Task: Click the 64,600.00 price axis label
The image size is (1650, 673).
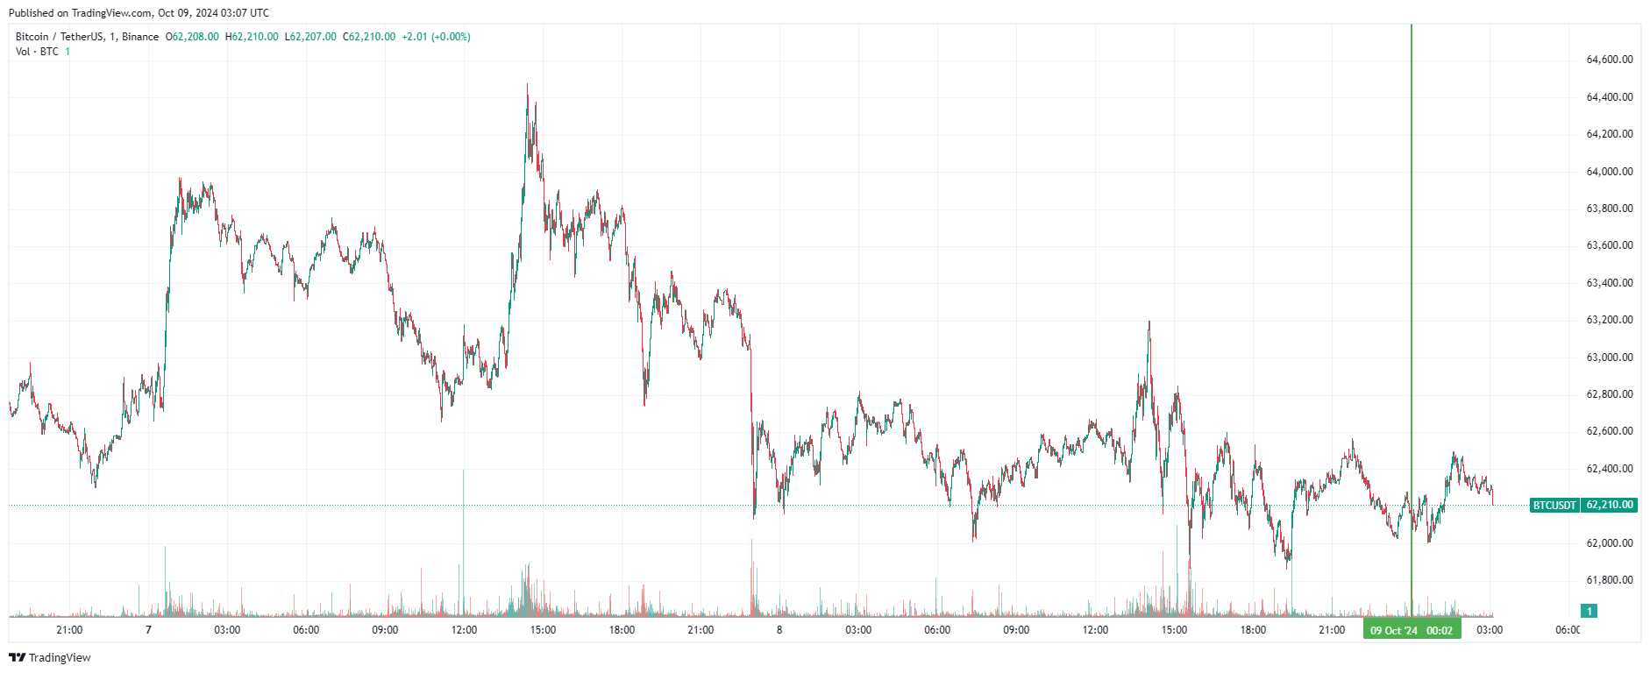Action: (1610, 60)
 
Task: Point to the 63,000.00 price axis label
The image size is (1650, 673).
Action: (1610, 358)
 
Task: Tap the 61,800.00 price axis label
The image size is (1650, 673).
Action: (1610, 580)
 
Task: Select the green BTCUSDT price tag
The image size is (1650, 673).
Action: (1554, 506)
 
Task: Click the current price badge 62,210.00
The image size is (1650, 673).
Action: (1610, 506)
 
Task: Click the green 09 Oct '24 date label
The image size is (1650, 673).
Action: (1393, 631)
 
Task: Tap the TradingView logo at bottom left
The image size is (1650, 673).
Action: (50, 657)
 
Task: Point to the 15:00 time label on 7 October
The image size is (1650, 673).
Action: (543, 630)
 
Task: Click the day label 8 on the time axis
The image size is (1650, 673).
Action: (779, 630)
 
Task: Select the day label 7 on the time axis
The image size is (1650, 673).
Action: (148, 630)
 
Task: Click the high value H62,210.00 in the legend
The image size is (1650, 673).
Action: (252, 37)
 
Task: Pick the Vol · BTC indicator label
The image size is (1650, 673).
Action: (37, 52)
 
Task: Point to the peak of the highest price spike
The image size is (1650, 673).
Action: (527, 85)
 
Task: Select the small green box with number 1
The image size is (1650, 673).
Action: (1589, 611)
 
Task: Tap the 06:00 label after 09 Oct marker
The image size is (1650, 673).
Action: (1568, 630)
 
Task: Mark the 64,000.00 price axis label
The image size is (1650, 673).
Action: (1610, 172)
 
